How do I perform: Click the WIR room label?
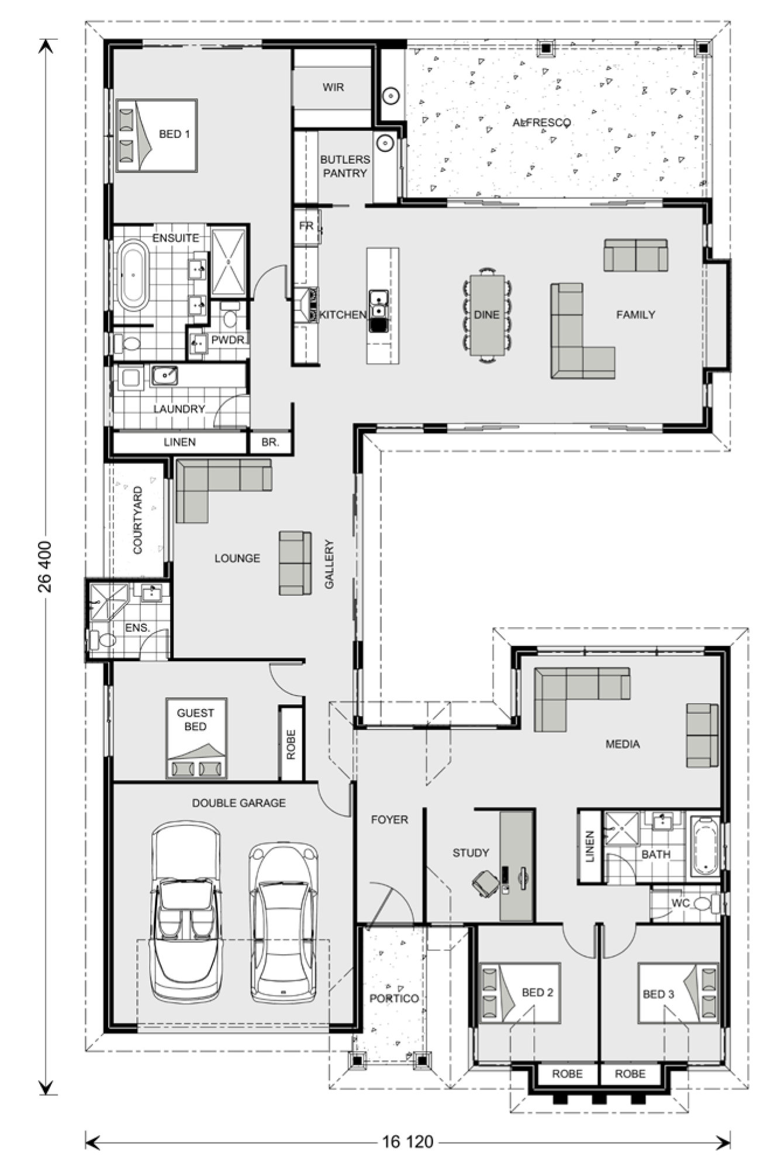tap(333, 88)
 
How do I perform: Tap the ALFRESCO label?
tap(541, 123)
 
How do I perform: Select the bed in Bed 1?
tap(157, 136)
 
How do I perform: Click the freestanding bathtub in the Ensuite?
tap(133, 275)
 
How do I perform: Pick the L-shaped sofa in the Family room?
tap(582, 331)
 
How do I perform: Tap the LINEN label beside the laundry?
tap(179, 443)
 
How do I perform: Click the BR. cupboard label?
tap(270, 443)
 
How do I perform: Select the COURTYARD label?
tap(138, 520)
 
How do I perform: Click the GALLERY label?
tap(329, 564)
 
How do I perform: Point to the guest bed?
tap(196, 738)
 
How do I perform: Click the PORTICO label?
tap(394, 998)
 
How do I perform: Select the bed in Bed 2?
tap(520, 993)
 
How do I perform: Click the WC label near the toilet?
tap(680, 903)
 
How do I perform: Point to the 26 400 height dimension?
tap(45, 566)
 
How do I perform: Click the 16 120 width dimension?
tap(407, 1141)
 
